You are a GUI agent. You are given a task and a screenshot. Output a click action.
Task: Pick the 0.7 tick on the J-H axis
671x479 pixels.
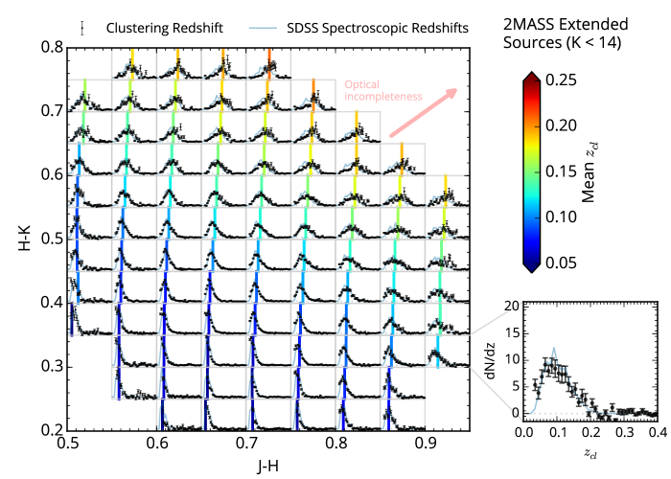(247, 445)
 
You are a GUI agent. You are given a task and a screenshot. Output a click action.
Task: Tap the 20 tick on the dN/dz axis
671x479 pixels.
(514, 306)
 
